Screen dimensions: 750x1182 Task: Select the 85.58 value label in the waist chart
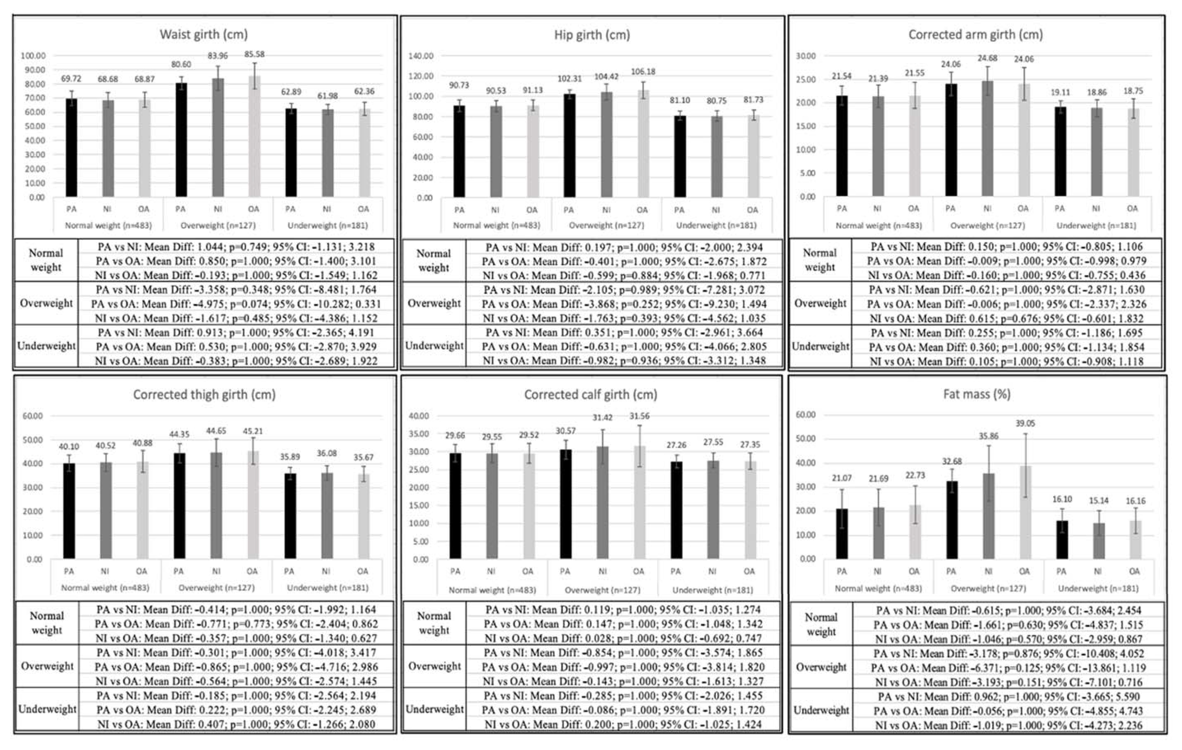[254, 54]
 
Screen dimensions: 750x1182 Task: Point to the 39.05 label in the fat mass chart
[1025, 423]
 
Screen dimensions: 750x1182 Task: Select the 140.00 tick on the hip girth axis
[421, 56]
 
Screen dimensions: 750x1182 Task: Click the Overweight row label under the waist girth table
[46, 303]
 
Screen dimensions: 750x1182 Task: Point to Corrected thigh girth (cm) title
[204, 394]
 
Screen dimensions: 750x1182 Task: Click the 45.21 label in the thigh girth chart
[253, 431]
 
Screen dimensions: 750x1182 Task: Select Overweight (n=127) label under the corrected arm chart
[988, 226]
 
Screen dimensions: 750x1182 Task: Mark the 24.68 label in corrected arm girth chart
[987, 58]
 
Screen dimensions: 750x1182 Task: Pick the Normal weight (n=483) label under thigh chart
[105, 588]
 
